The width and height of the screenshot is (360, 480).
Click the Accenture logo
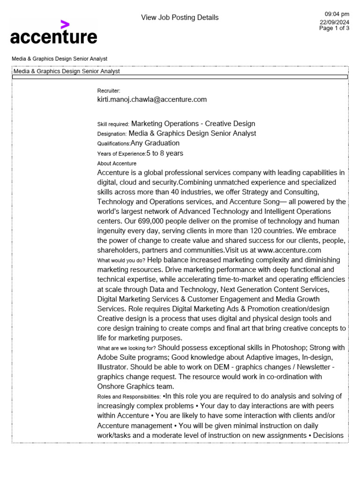pyautogui.click(x=53, y=36)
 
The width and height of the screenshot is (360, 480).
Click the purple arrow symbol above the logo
pyautogui.click(x=65, y=25)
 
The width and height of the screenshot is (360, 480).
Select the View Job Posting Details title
pyautogui.click(x=180, y=18)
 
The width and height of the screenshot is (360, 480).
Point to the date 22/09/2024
pyautogui.click(x=334, y=22)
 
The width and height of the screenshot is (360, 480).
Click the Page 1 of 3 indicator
pyautogui.click(x=334, y=28)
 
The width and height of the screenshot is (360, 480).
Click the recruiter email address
pyautogui.click(x=152, y=99)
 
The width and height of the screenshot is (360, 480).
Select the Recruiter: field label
pyautogui.click(x=109, y=90)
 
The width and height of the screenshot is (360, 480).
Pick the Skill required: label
pyautogui.click(x=113, y=124)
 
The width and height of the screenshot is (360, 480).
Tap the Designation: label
pyautogui.click(x=112, y=134)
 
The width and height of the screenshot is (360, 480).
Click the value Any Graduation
pyautogui.click(x=155, y=143)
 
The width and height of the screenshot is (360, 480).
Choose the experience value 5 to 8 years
pyautogui.click(x=165, y=153)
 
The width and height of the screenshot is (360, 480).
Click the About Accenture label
pyautogui.click(x=117, y=164)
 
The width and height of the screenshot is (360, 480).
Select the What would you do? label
pyautogui.click(x=120, y=260)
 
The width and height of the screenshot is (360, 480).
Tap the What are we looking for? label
pyautogui.click(x=127, y=348)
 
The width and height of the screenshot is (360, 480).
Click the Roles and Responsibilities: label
pyautogui.click(x=129, y=397)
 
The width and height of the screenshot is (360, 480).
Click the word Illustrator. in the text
pyautogui.click(x=114, y=367)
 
